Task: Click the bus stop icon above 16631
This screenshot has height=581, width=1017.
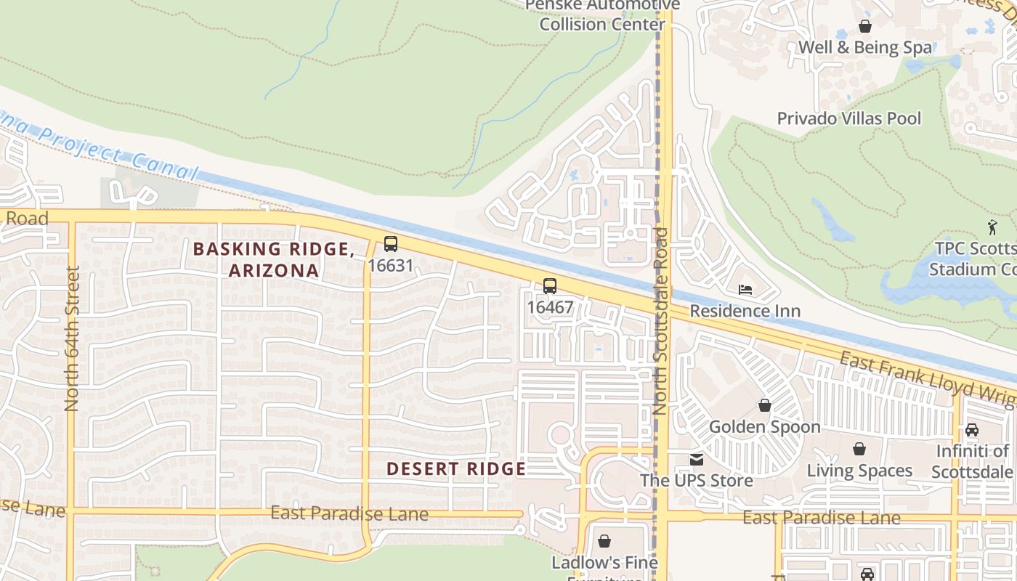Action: pos(391,244)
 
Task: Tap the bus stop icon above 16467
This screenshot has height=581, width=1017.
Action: pos(550,286)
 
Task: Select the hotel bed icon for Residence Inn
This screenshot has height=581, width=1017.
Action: pos(745,290)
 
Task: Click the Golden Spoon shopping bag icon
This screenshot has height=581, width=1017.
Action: pos(765,405)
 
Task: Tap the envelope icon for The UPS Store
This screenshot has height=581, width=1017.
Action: pos(697,459)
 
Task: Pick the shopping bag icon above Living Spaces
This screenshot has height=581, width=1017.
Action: pos(859,449)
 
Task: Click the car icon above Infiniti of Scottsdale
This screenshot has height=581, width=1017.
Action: pos(972,429)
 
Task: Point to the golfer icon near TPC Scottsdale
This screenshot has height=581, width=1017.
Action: pos(992,227)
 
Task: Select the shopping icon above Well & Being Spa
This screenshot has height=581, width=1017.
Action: pos(865,26)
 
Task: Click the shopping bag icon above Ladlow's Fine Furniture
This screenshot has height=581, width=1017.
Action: pos(604,541)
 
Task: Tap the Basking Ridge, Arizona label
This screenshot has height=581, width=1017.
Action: pos(274,259)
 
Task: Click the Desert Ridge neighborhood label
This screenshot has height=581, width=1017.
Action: pos(455,469)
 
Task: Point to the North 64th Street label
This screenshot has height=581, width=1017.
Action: pos(71,338)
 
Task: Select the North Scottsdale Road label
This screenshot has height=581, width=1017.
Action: pos(660,321)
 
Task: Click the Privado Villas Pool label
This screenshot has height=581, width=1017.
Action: pos(848,118)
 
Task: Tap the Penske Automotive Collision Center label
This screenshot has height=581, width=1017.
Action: pos(602,15)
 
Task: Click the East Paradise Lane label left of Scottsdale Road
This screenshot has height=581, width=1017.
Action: pos(349,514)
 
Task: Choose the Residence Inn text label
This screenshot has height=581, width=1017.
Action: pos(745,311)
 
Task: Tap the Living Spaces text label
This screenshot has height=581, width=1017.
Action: pos(859,471)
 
